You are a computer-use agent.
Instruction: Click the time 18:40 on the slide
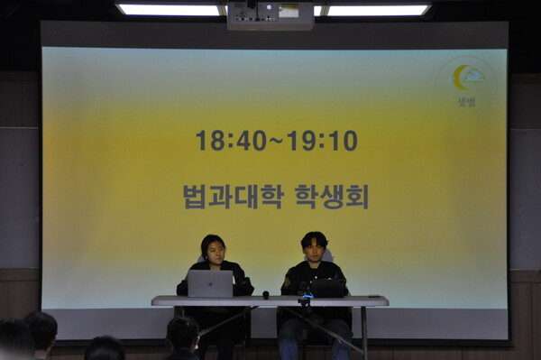(x=231, y=141)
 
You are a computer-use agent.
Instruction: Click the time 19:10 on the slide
(x=322, y=141)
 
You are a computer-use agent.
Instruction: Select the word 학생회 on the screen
(x=331, y=196)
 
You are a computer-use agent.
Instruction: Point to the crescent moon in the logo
(x=460, y=78)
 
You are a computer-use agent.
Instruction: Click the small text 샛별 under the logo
(x=465, y=102)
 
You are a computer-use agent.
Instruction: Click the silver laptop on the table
(x=210, y=284)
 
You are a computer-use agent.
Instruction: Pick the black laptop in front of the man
(x=327, y=288)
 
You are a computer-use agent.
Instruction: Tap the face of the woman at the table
(x=215, y=252)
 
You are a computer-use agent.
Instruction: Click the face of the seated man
(x=314, y=248)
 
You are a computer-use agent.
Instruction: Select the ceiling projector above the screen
(x=270, y=14)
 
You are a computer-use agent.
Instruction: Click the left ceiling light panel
(x=170, y=10)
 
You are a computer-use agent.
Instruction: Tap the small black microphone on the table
(x=266, y=294)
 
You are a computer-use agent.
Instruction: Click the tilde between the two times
(x=277, y=141)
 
